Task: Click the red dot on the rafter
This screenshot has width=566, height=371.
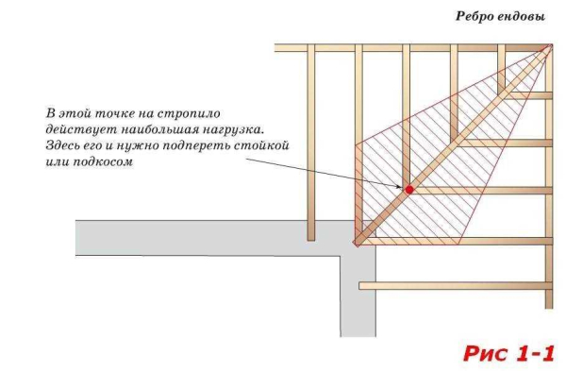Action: pyautogui.click(x=409, y=190)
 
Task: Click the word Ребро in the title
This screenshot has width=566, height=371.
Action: pyautogui.click(x=477, y=18)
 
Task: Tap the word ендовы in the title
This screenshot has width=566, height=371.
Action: pyautogui.click(x=525, y=18)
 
